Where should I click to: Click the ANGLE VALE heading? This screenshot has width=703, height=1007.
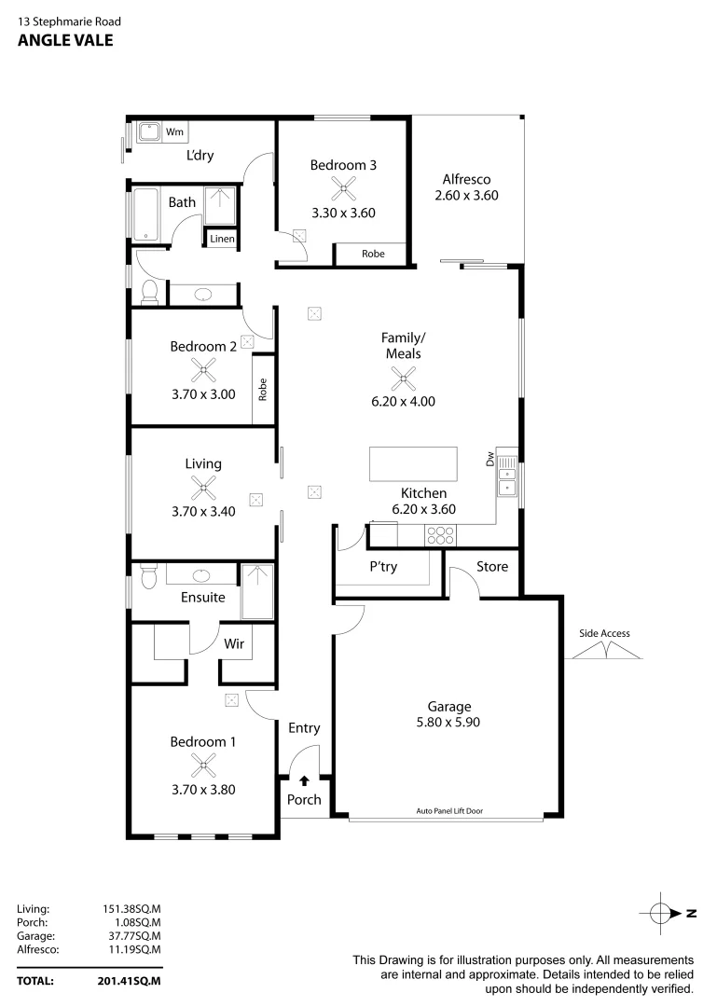click(65, 40)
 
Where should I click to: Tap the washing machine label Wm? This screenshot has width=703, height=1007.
click(174, 132)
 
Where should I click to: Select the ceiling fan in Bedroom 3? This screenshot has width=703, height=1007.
click(344, 190)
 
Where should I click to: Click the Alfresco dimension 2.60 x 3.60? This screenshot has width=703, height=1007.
click(467, 196)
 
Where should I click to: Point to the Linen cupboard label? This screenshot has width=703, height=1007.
click(222, 240)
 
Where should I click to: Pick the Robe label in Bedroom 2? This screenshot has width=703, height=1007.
click(264, 389)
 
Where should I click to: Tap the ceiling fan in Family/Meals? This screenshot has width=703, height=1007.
click(404, 378)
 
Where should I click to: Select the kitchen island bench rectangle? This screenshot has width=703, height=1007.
click(414, 463)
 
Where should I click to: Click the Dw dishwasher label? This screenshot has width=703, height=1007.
click(489, 458)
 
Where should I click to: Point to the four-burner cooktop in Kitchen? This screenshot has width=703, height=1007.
click(439, 535)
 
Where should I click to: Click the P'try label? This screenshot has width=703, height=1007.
click(384, 567)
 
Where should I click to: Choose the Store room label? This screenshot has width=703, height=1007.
click(492, 566)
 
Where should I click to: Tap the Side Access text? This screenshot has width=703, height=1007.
click(604, 634)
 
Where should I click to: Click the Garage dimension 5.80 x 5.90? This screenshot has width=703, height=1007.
click(449, 722)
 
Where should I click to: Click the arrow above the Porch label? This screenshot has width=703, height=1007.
click(303, 780)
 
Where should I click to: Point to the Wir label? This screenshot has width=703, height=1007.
click(234, 642)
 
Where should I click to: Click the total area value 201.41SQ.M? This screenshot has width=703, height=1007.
click(130, 981)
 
